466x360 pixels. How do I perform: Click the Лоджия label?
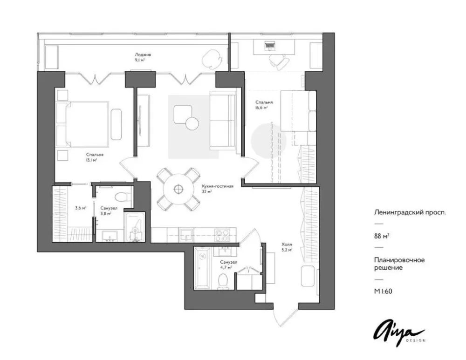tap(143, 54)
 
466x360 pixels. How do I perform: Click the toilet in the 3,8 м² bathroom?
tap(122, 197)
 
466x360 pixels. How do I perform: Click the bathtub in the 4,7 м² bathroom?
tap(202, 267)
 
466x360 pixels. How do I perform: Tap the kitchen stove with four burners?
tap(222, 235)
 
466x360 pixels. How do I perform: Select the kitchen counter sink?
tap(186, 234)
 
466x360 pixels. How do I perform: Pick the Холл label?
tap(287, 245)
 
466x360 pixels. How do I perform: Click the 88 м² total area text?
tap(382, 236)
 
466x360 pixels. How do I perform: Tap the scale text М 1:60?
tap(383, 292)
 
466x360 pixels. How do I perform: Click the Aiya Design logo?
tap(399, 334)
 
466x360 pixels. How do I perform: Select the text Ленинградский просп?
tap(410, 213)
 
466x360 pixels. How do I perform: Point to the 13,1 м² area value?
tap(91, 160)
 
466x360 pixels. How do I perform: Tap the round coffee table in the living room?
tap(192, 123)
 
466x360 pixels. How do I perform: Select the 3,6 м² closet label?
tap(81, 208)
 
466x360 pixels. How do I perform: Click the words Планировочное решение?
tap(399, 264)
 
